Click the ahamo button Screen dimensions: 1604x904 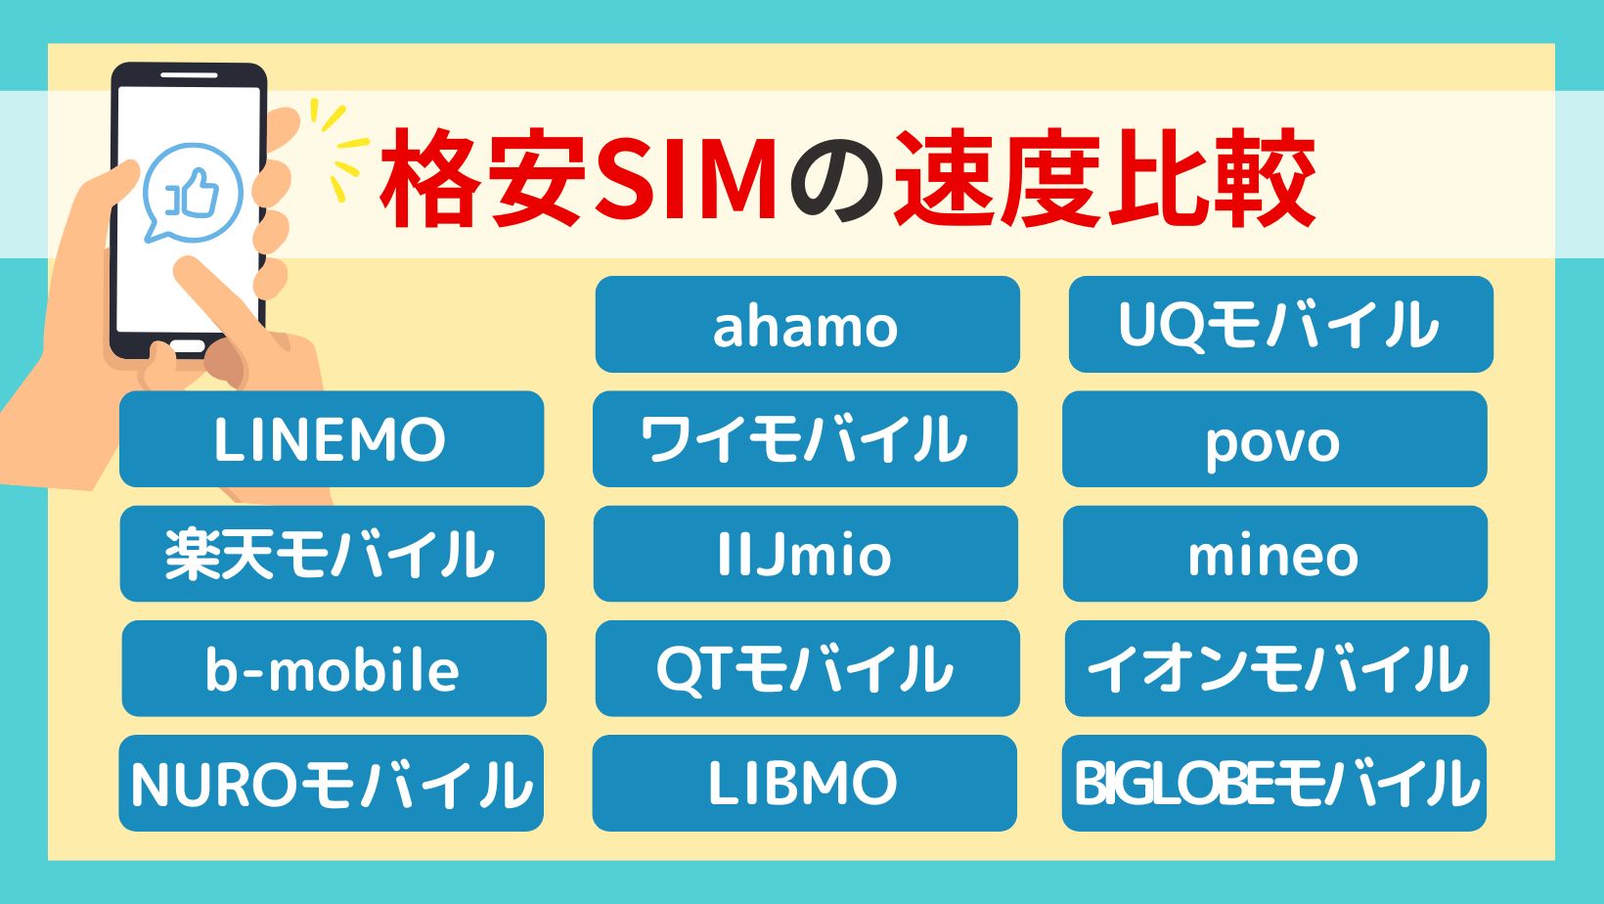point(807,324)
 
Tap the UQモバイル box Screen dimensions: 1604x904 point(1281,324)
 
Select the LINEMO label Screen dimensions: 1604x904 point(332,439)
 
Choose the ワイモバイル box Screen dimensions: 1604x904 point(805,439)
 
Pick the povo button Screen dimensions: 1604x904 point(1274,439)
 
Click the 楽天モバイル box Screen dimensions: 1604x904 point(333,554)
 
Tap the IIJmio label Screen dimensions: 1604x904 point(806,554)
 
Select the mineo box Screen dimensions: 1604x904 point(1275,554)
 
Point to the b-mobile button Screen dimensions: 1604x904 point(334,668)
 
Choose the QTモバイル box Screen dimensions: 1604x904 point(807,668)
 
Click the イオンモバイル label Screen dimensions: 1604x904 point(1277,668)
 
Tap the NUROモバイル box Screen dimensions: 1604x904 point(331,783)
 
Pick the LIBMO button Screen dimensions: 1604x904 point(804,783)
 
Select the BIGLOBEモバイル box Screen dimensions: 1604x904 point(1273,783)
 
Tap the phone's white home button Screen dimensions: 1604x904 point(189,345)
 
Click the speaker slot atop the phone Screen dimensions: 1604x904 point(189,75)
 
